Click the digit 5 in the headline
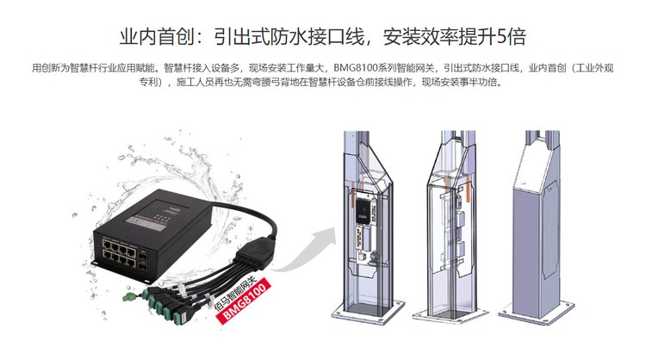click(502, 36)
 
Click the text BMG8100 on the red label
click(245, 301)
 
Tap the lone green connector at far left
click(129, 296)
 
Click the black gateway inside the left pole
click(363, 211)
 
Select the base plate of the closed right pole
click(536, 313)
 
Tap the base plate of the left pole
click(369, 313)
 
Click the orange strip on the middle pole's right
click(468, 189)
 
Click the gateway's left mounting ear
click(94, 263)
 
